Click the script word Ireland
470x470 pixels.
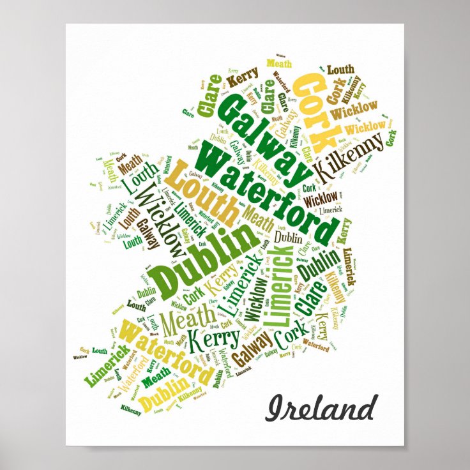pyautogui.click(x=321, y=408)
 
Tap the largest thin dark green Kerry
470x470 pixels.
pyautogui.click(x=212, y=340)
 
